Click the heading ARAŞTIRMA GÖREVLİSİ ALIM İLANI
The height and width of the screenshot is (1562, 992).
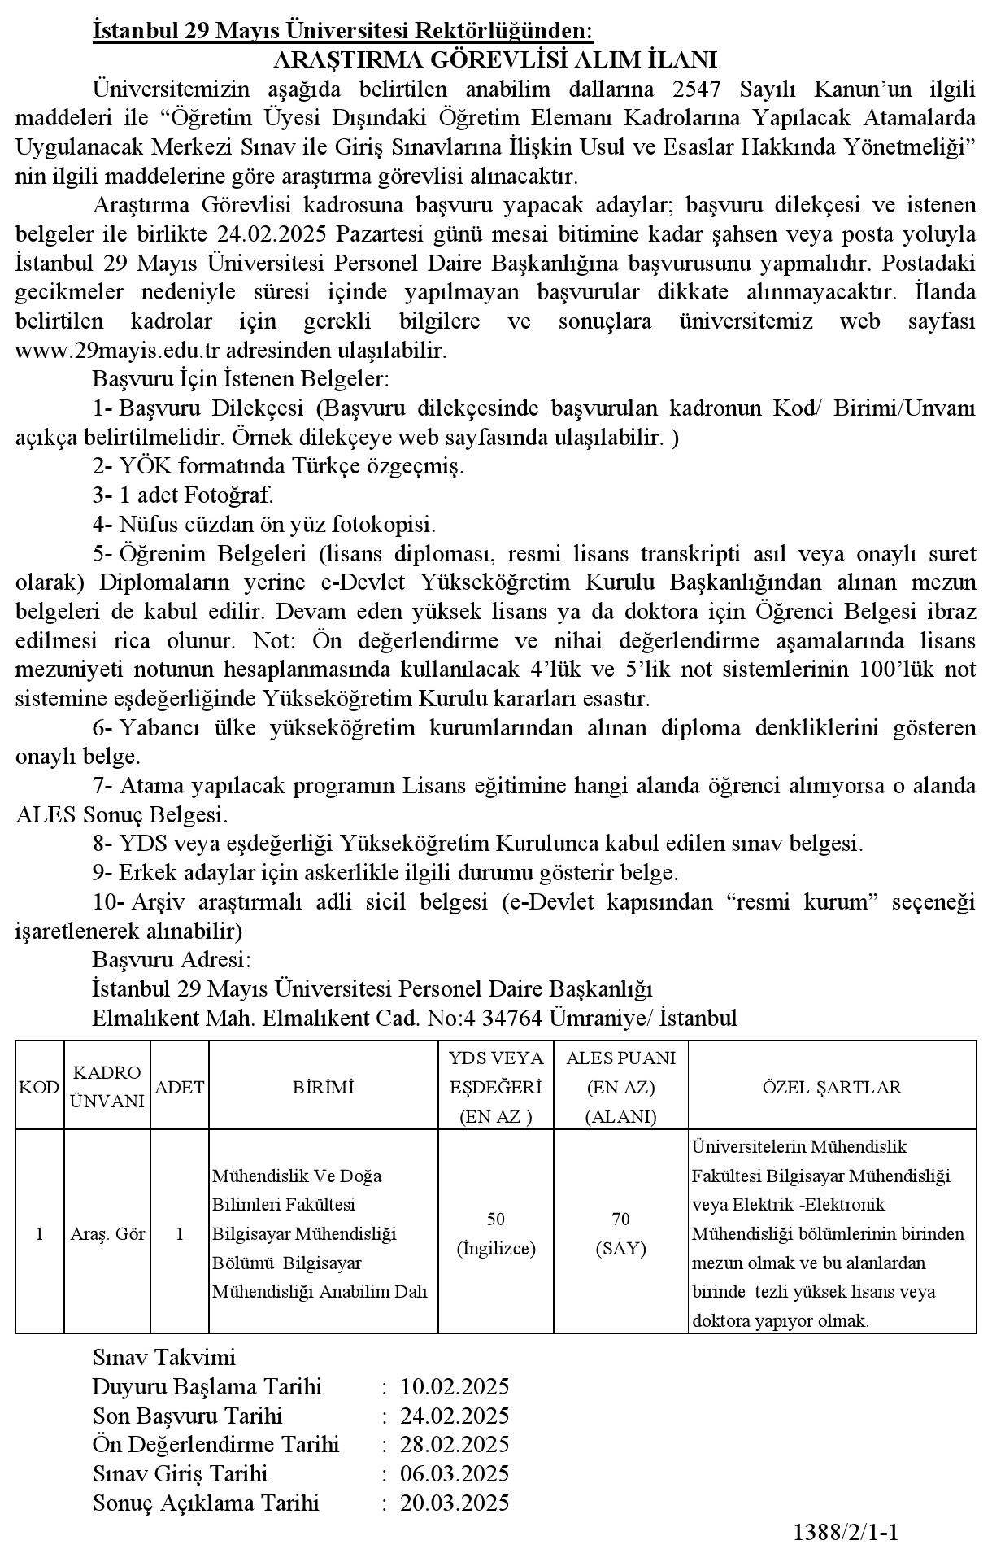(x=495, y=60)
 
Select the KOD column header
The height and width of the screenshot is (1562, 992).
(x=39, y=1087)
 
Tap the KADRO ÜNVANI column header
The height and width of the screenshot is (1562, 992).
(x=107, y=1087)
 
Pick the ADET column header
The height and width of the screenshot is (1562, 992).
(x=180, y=1087)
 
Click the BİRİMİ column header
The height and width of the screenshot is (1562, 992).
(x=324, y=1087)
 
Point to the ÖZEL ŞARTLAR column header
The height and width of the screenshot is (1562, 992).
(x=832, y=1087)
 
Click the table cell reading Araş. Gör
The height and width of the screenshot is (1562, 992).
(x=107, y=1234)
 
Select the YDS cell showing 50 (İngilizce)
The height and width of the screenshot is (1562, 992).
(x=496, y=1233)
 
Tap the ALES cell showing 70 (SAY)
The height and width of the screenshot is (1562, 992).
(x=620, y=1233)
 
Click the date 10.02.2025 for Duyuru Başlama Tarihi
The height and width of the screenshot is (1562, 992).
(x=455, y=1386)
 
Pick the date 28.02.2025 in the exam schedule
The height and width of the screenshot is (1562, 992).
(x=455, y=1445)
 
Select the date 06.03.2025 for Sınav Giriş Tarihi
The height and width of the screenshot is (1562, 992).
(x=455, y=1474)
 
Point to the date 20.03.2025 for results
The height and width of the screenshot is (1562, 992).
(x=455, y=1503)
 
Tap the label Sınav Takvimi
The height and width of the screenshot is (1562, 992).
(x=164, y=1357)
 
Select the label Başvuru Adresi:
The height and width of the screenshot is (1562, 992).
(x=172, y=958)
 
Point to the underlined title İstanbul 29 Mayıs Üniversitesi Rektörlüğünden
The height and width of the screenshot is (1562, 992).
(x=344, y=31)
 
